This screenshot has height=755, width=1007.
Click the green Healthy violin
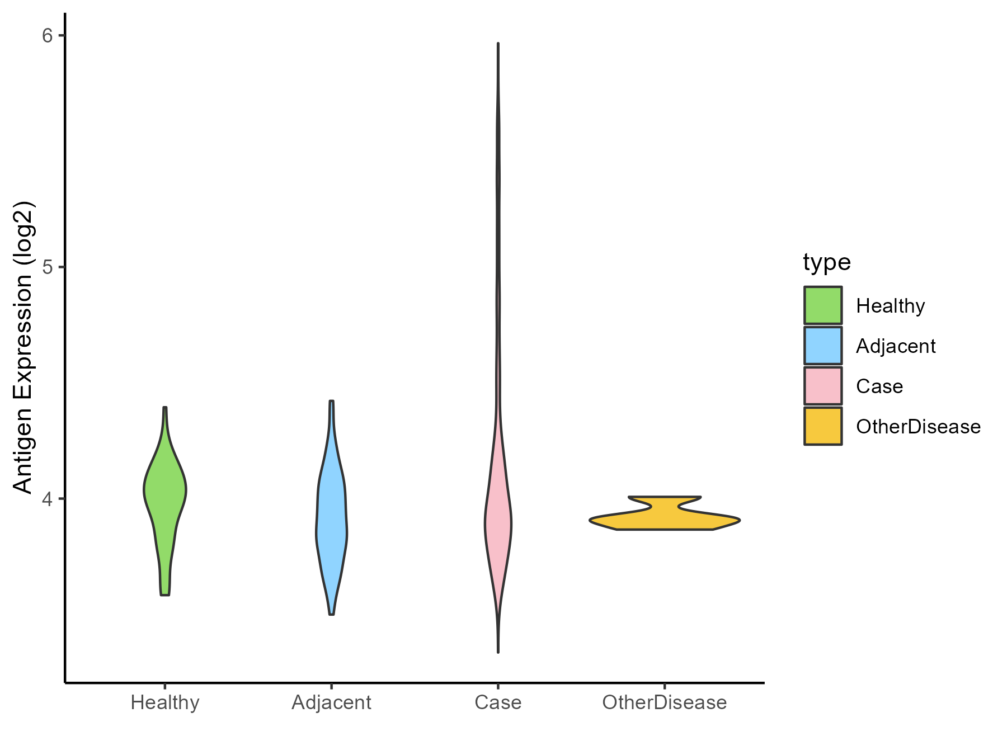pos(165,492)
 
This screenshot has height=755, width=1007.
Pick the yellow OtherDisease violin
pos(665,519)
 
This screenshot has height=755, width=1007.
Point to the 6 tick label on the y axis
pos(47,35)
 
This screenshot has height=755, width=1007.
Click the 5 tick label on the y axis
pos(47,267)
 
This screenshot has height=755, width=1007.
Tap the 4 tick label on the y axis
pos(47,498)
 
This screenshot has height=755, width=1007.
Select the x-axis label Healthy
pos(165,702)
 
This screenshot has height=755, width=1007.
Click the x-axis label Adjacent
pos(332,702)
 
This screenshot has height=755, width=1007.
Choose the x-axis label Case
pos(498,702)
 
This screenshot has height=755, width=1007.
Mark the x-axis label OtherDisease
pos(665,702)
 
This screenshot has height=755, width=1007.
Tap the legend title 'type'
pos(827,262)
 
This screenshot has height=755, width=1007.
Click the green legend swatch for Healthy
pos(823,305)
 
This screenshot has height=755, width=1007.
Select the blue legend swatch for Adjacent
pos(823,346)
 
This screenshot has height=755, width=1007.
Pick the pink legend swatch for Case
pos(823,386)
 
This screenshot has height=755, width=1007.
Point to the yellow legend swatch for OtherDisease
pos(823,426)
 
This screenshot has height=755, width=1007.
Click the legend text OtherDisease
pos(918,427)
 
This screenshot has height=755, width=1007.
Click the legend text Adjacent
pos(896,346)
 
